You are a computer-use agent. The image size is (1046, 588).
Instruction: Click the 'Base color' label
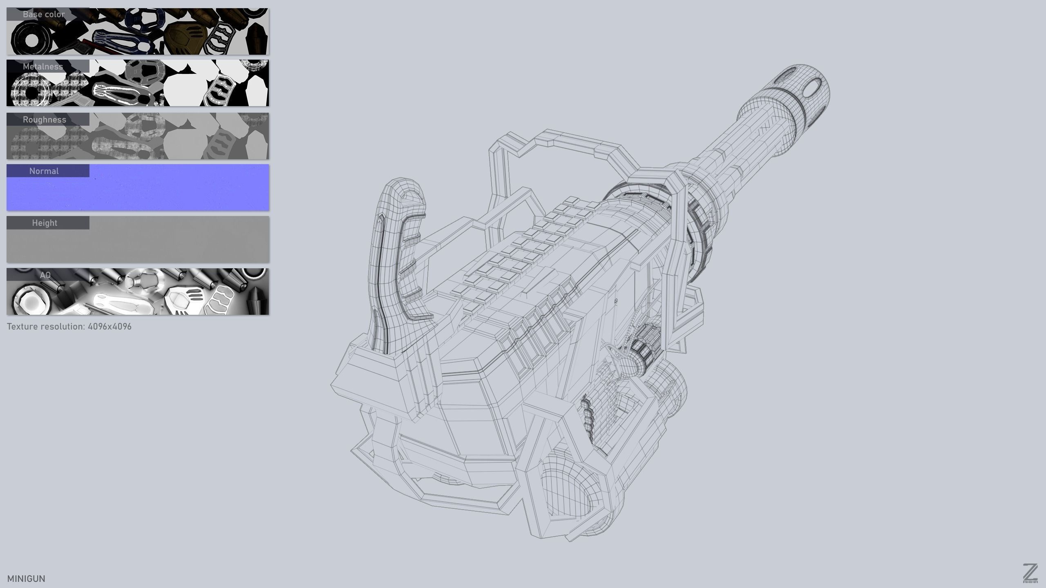(44, 14)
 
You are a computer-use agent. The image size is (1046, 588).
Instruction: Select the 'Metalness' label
(43, 67)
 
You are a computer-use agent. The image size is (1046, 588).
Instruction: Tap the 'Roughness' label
(44, 120)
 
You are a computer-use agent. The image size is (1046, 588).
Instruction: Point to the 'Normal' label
(44, 171)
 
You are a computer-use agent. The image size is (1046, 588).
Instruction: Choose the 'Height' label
(45, 223)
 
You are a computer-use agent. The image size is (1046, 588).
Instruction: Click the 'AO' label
(45, 275)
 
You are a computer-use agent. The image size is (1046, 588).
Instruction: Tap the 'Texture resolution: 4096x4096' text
(69, 327)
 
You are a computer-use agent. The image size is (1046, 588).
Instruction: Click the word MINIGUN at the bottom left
(26, 579)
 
